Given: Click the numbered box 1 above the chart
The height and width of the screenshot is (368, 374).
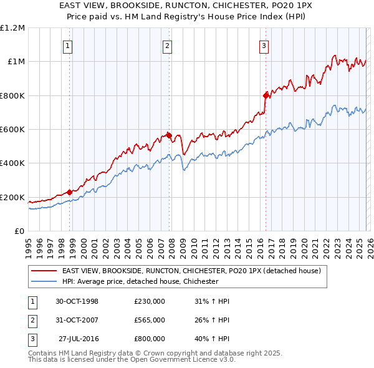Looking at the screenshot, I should [x=67, y=45].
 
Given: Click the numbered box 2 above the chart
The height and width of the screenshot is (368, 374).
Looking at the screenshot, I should [x=167, y=45].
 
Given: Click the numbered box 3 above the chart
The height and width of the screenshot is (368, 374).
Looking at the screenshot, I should [x=264, y=45].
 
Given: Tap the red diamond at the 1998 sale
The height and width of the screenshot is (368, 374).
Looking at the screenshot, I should [x=69, y=192].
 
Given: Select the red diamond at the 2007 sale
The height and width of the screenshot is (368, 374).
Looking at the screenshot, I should [x=169, y=135].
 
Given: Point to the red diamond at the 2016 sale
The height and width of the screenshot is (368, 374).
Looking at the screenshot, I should [x=266, y=95].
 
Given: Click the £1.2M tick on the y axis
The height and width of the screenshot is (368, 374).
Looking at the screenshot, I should [x=12, y=28].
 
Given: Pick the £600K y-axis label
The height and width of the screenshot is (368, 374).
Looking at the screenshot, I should [x=12, y=130].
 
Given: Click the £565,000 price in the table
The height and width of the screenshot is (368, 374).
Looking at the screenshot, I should [x=149, y=320].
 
